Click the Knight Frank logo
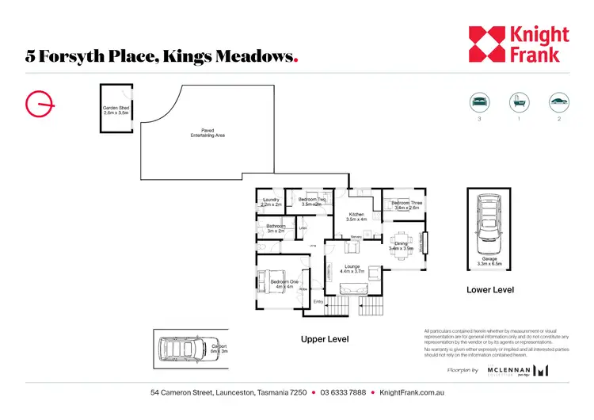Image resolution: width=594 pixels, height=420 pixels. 518,44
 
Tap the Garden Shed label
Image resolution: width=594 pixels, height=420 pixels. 116,111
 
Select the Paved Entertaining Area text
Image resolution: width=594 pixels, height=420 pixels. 208,133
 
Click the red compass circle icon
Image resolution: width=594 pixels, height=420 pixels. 38,104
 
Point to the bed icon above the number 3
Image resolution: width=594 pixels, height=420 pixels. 479,101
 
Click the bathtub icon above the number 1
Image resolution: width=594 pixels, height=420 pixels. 519,101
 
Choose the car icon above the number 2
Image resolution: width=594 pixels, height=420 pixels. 558,101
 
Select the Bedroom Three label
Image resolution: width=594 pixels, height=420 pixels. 405,205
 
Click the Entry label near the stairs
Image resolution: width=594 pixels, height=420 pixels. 318,302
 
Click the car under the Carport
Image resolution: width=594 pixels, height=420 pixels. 183,349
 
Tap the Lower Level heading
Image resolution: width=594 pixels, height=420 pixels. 490,290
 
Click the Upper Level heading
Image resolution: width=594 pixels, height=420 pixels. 325,339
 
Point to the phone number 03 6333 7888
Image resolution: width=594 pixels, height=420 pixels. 343,393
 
